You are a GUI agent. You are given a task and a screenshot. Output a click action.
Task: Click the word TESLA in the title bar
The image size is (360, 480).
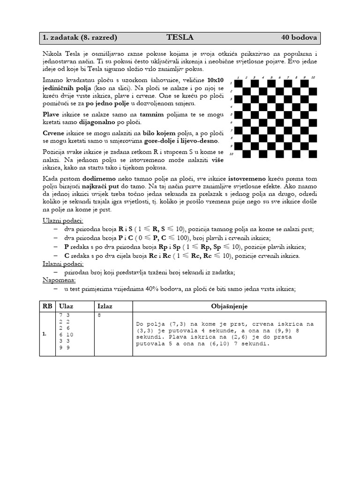[180, 37]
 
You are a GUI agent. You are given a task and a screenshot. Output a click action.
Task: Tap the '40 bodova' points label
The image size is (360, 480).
[299, 37]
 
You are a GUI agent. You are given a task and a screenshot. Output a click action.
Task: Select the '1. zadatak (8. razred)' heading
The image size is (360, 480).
[80, 37]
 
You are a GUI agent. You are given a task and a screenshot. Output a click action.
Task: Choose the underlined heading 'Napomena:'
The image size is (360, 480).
[59, 280]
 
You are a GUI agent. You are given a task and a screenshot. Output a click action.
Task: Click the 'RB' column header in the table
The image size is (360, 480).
[48, 306]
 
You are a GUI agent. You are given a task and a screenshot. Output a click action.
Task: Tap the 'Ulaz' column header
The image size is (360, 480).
[66, 306]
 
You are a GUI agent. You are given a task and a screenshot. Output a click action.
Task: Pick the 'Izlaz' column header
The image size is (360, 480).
[105, 306]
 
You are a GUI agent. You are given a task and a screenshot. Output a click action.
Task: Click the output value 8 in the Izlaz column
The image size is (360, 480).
[99, 315]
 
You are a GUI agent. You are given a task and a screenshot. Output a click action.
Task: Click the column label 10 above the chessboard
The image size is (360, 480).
[313, 77]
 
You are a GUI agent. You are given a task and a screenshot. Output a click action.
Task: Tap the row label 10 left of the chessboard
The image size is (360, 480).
[231, 154]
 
